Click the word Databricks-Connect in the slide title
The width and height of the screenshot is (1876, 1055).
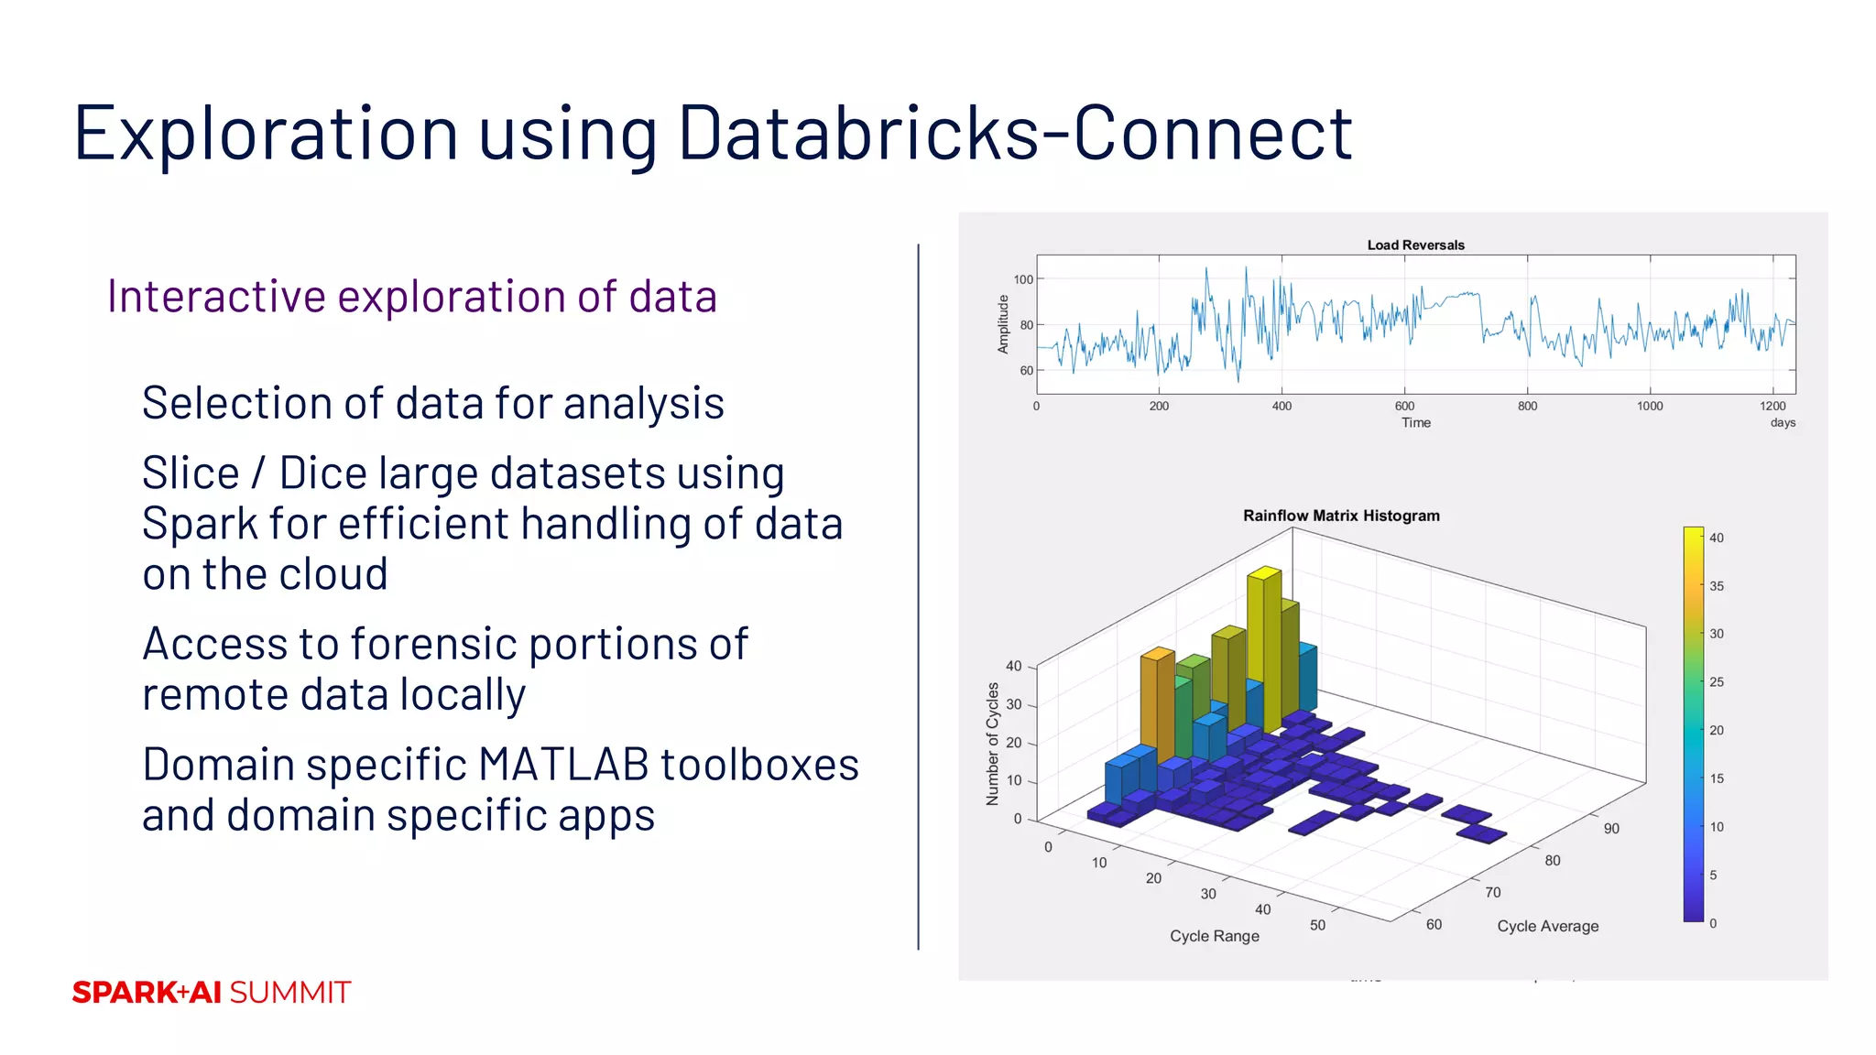click(1014, 134)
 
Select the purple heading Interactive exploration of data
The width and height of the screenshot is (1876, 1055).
click(411, 297)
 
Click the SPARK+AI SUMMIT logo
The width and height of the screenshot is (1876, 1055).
click(212, 992)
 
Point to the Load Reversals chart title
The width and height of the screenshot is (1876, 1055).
click(1415, 245)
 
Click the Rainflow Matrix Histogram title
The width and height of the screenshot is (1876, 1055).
click(1340, 516)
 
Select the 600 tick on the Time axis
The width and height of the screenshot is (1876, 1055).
click(1404, 406)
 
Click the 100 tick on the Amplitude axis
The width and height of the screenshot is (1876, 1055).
click(1022, 279)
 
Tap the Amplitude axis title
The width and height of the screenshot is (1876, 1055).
click(1003, 324)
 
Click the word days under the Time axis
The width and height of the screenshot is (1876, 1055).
click(1782, 422)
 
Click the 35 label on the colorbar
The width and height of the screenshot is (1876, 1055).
click(1716, 586)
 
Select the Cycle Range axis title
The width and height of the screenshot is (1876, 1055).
click(1214, 936)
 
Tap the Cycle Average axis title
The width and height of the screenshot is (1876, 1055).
click(1547, 926)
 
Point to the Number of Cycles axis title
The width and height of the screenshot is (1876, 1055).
click(992, 744)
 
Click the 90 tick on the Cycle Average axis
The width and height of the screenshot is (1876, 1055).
click(1611, 829)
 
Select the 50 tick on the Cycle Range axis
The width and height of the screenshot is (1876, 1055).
click(1317, 925)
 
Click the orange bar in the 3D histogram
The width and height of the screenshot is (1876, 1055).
click(1157, 705)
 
